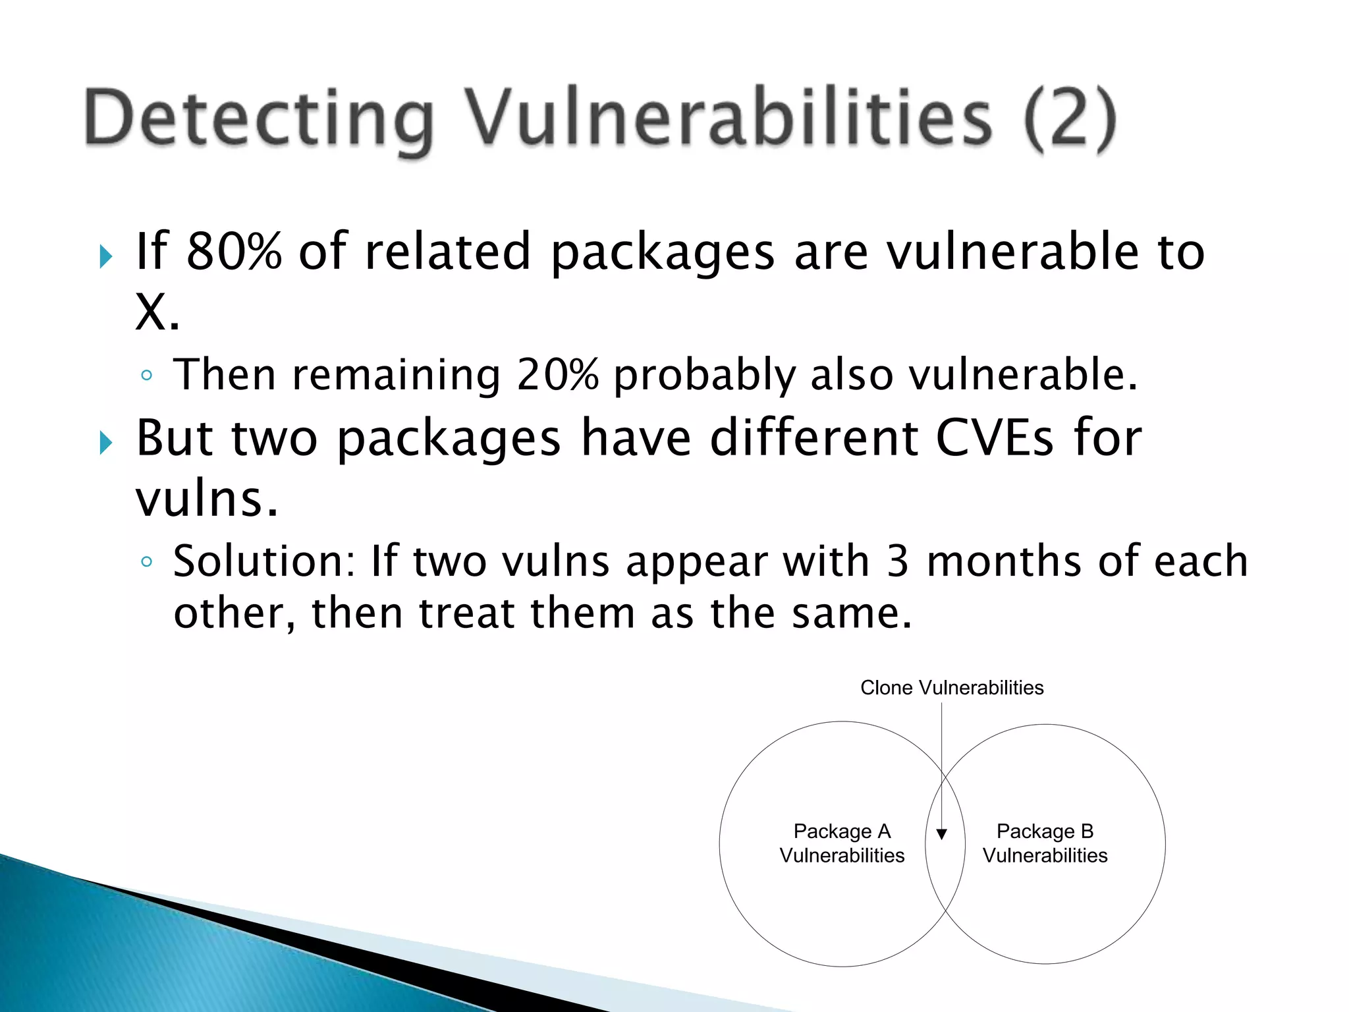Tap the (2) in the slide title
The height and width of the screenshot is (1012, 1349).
point(1070,120)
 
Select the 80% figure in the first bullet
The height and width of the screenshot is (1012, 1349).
point(234,252)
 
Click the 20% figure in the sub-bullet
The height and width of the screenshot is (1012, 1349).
point(557,375)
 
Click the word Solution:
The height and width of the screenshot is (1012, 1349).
point(263,561)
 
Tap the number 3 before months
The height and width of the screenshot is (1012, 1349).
point(897,561)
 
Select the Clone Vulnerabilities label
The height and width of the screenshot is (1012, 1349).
point(951,688)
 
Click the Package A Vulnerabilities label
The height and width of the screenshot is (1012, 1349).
point(842,843)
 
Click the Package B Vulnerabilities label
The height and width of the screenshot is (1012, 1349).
point(1045,843)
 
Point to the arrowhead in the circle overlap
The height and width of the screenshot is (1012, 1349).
point(942,834)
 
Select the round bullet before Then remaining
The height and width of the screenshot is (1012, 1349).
point(147,376)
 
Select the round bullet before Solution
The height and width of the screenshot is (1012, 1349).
point(147,562)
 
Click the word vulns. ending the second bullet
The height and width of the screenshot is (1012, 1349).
point(207,499)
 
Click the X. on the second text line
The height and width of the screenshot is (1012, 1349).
point(157,312)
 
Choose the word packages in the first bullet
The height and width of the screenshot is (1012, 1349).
point(662,253)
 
